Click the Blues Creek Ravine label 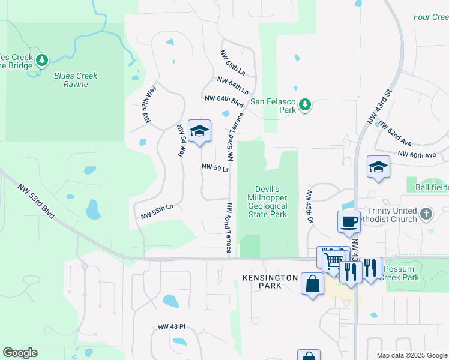tap(76, 80)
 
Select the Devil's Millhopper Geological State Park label tap(268, 202)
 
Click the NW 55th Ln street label tap(157, 211)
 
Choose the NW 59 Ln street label tap(216, 167)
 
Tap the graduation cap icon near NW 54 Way tap(199, 131)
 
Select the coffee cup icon tap(349, 221)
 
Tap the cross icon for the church tap(426, 213)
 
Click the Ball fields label tap(432, 187)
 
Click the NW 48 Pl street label tap(172, 327)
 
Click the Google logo tap(20, 353)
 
